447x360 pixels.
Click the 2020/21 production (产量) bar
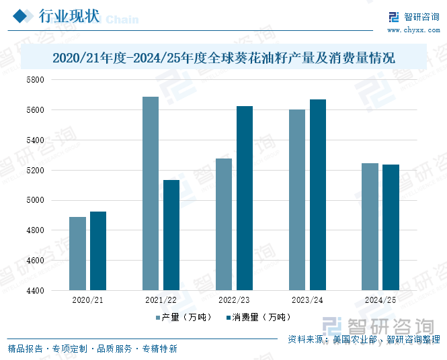tap(77, 254)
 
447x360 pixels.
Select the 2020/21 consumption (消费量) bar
tap(98, 251)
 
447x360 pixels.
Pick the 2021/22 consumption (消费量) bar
tap(171, 235)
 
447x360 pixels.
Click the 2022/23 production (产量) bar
tap(224, 224)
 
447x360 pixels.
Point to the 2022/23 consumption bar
tap(245, 198)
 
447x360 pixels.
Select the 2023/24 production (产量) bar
tap(297, 200)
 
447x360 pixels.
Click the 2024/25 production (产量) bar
tap(370, 227)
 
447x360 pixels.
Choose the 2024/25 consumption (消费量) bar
tap(391, 228)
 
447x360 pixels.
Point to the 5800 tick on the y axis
tap(35, 80)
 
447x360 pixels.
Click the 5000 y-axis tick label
tap(35, 200)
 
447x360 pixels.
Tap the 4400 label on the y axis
tap(35, 291)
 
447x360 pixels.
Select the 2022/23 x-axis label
tap(234, 300)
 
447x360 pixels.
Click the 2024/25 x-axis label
tap(380, 300)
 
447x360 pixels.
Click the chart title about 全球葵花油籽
tap(223, 58)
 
